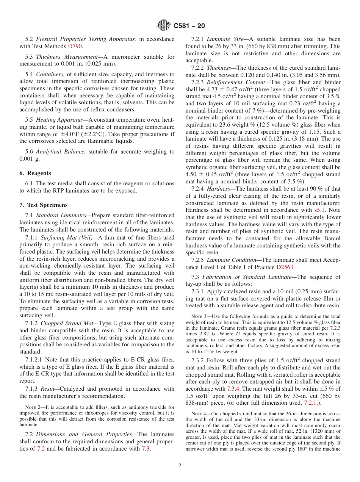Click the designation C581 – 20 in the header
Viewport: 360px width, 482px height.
(x=189, y=26)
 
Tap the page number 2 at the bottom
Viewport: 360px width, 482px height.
(x=180, y=465)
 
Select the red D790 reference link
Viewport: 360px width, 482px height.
(x=75, y=46)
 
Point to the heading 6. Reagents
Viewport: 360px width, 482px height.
(x=35, y=173)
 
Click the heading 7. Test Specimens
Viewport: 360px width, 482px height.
(x=44, y=205)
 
